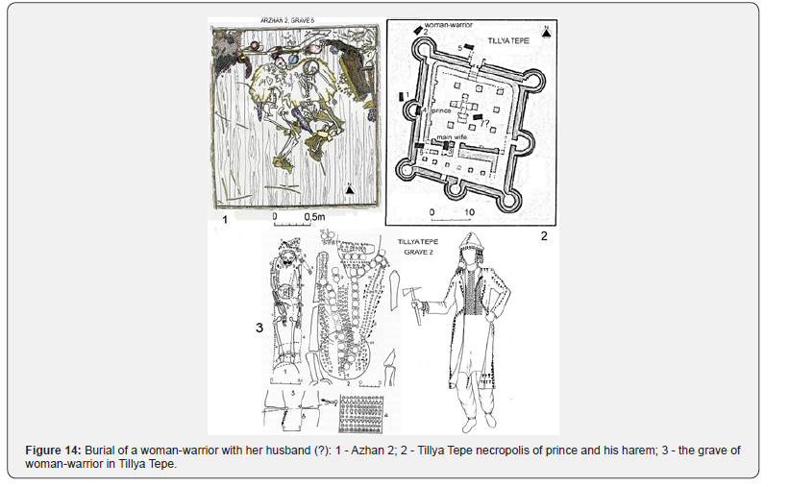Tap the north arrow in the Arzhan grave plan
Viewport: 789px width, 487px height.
tap(351, 190)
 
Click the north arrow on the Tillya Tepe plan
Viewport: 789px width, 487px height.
tap(546, 32)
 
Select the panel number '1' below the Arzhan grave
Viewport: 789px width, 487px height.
tap(225, 220)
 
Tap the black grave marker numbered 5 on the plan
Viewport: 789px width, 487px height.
tap(471, 47)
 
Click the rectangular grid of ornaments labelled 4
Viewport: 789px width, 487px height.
tap(361, 410)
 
